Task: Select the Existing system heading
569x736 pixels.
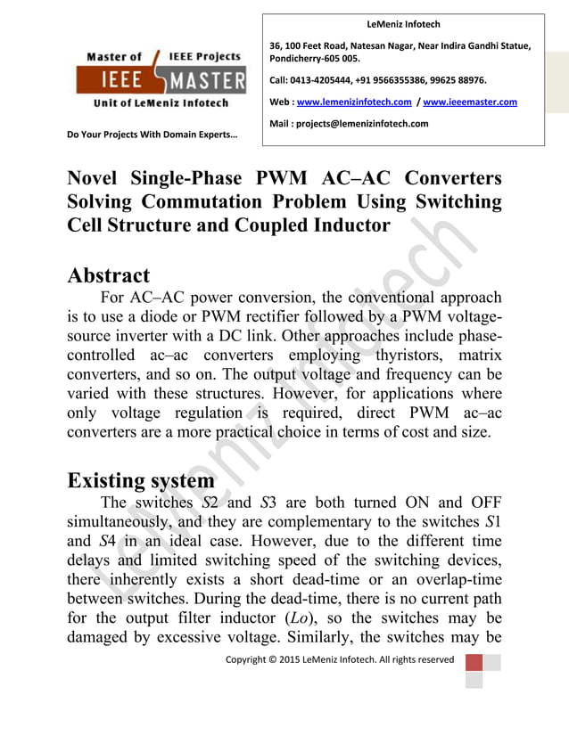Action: click(141, 480)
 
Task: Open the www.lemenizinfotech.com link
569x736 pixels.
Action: click(354, 102)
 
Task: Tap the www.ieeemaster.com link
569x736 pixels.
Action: click(470, 102)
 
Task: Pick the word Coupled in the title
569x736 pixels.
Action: click(277, 225)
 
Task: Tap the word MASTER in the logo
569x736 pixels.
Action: click(207, 82)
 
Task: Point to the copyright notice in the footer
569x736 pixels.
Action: click(339, 660)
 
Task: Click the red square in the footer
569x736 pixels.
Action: click(474, 664)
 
